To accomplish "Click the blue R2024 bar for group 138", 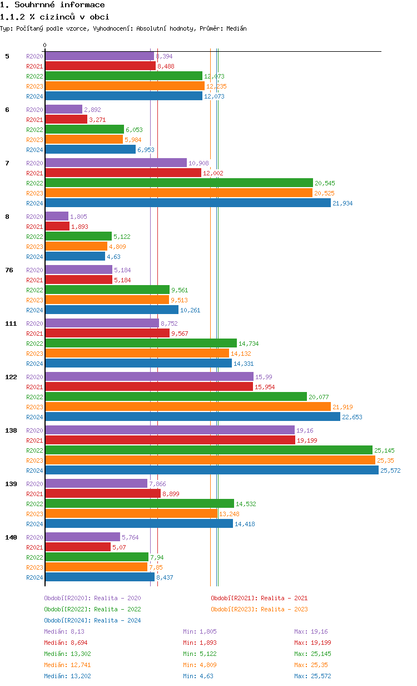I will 211,470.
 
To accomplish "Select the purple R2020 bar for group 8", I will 56,216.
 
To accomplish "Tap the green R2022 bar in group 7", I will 178,183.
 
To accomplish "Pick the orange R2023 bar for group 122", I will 187,406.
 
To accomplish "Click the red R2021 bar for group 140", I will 78,547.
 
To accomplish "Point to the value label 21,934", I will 342,203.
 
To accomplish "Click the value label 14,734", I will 249,344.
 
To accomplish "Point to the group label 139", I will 11,484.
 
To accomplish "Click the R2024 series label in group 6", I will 34,150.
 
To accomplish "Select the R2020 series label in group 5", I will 34,56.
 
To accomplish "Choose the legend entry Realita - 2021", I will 259,598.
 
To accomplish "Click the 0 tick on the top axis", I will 45,45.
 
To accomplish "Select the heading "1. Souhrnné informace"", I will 52,5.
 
